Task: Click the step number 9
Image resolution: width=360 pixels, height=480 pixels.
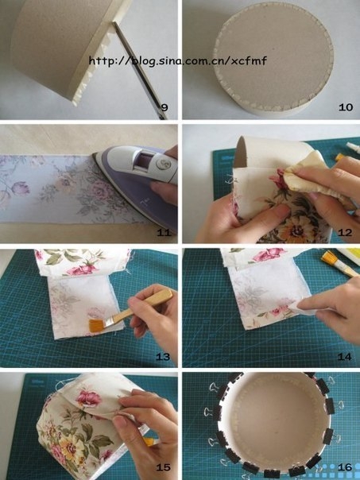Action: pos(165,107)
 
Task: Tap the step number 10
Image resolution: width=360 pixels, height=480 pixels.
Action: pos(346,107)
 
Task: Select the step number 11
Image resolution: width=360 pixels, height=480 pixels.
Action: pos(164,233)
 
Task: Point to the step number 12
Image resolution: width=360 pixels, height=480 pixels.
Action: pos(345,233)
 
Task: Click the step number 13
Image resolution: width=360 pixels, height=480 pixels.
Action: pos(163,357)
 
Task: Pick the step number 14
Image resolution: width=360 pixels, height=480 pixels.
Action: pos(345,357)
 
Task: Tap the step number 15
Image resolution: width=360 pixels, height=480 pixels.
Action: pos(163,467)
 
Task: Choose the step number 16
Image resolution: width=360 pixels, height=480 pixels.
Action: pos(345,467)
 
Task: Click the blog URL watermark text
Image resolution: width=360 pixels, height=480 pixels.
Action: pos(178,60)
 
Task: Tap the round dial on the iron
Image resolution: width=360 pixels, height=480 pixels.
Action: pos(161,164)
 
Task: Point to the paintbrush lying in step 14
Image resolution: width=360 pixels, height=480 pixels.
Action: pos(339,264)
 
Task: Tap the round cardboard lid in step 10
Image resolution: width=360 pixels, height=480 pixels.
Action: pos(273,58)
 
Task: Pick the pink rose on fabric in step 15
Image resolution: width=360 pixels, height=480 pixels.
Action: pos(89,398)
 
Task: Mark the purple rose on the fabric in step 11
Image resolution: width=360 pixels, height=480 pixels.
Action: pos(20,188)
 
